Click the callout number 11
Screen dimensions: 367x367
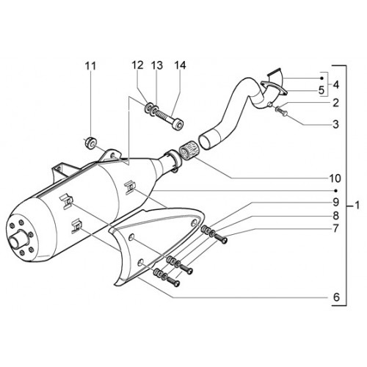(90, 66)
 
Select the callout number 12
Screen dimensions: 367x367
(137, 65)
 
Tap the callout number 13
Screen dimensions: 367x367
(156, 65)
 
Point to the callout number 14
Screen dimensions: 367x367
(180, 65)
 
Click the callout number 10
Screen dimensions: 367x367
(335, 178)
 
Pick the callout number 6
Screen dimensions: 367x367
(337, 297)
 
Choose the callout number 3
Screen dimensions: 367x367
(335, 124)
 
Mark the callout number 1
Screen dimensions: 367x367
(357, 205)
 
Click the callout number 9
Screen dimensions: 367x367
(335, 202)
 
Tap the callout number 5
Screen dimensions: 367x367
(321, 90)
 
